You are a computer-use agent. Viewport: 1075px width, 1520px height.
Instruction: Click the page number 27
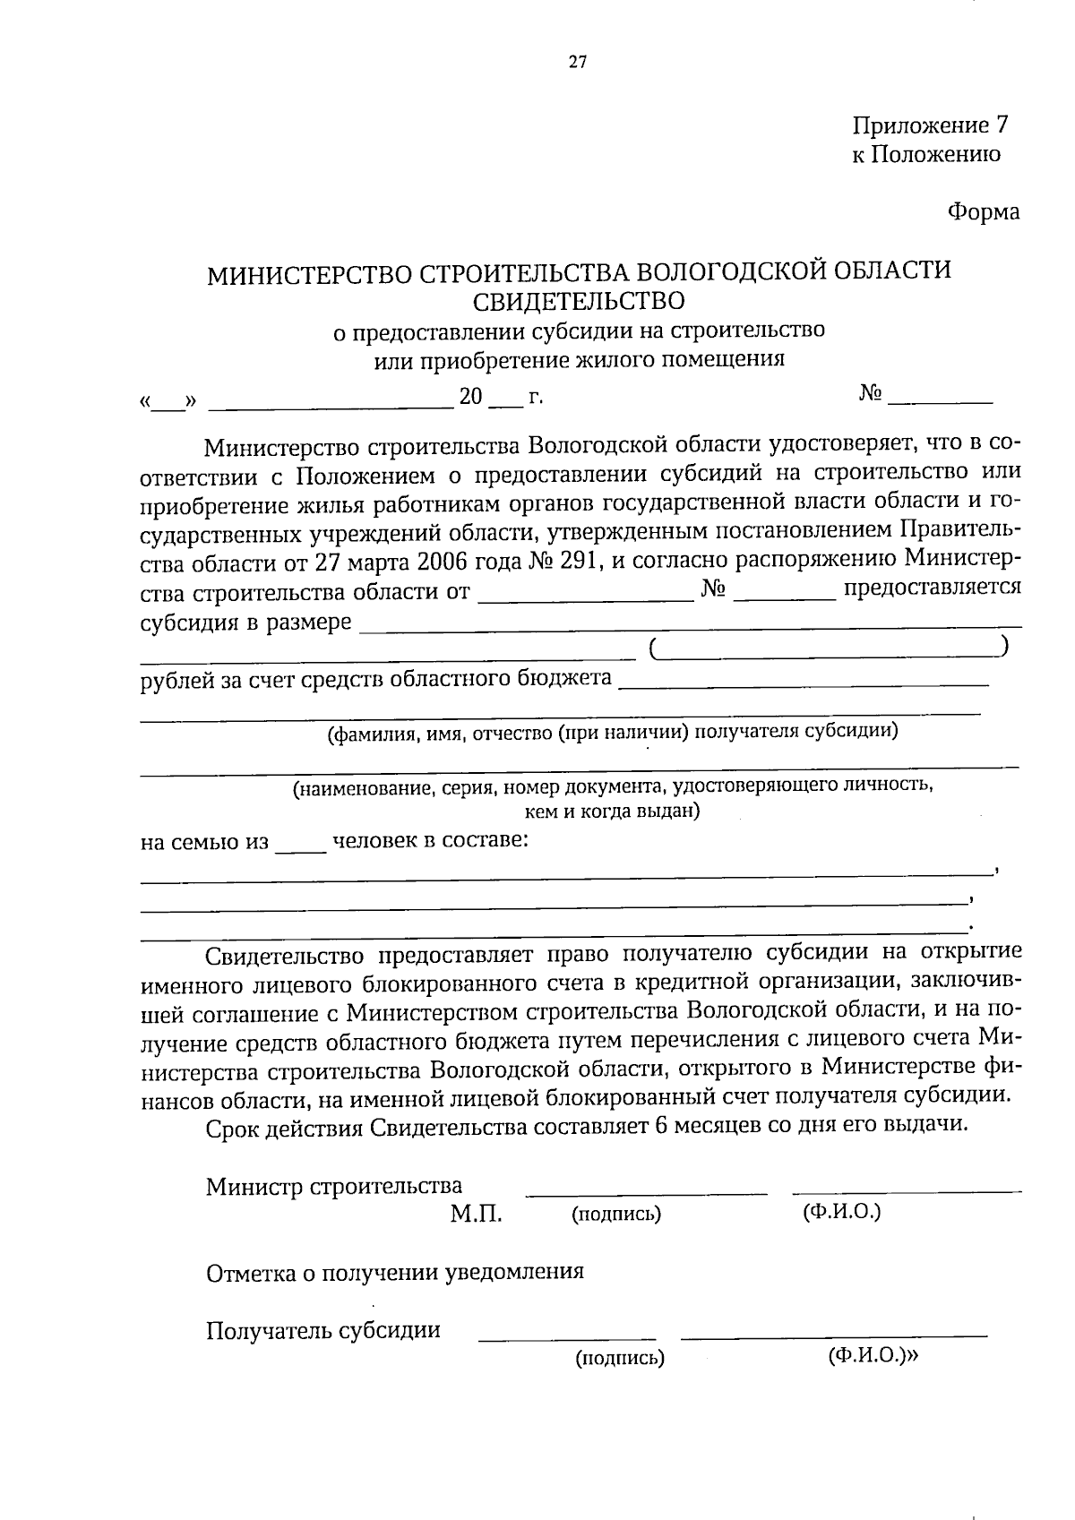(577, 62)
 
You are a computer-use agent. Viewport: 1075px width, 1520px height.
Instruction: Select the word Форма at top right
(984, 212)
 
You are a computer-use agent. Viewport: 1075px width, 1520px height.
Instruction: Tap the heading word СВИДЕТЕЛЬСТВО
(579, 300)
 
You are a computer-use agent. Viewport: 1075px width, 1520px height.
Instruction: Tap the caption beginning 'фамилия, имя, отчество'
(613, 733)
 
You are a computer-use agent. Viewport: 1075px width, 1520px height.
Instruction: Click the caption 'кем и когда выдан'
(613, 812)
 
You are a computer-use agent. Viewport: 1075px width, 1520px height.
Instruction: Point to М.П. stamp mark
(476, 1214)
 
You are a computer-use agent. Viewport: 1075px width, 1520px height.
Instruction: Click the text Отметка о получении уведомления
(394, 1272)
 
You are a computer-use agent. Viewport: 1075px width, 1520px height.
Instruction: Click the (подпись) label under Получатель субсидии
(619, 1358)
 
